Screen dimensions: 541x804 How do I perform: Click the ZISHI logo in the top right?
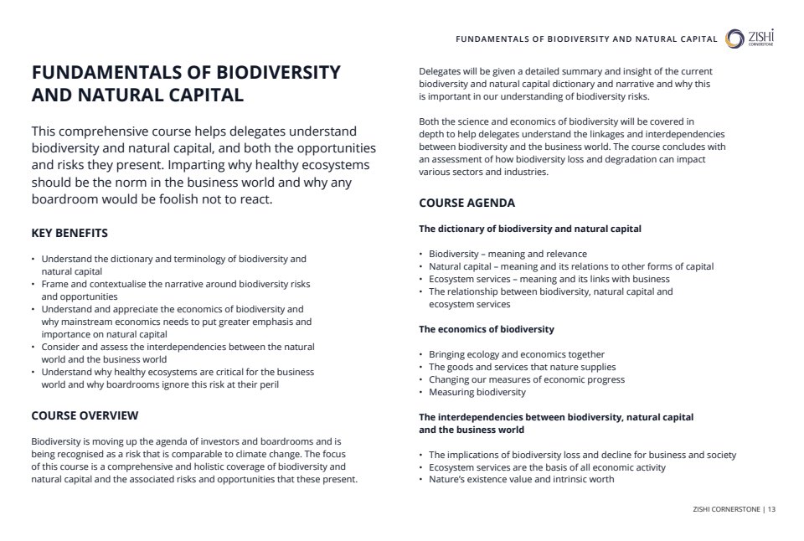click(750, 39)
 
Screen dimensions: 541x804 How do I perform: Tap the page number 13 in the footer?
click(771, 509)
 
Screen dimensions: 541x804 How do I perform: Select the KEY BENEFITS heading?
click(70, 233)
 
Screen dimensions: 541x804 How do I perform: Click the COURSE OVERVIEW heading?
click(85, 415)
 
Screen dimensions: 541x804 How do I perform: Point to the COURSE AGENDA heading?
click(466, 203)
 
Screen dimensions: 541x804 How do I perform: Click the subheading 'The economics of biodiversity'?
click(486, 329)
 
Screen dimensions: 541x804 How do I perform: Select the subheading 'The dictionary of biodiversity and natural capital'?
click(530, 229)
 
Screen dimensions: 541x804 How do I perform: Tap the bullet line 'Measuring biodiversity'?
click(477, 392)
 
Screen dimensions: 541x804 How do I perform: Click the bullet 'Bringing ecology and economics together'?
click(516, 354)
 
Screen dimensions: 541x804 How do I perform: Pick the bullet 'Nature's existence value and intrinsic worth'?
click(521, 479)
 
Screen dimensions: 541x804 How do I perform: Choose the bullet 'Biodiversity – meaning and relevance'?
click(508, 254)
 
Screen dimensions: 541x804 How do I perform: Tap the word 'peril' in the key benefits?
click(266, 384)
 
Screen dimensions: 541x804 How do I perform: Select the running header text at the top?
click(586, 39)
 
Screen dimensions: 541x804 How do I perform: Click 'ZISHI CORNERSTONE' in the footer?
click(725, 509)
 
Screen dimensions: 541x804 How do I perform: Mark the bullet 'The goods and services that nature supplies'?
click(522, 367)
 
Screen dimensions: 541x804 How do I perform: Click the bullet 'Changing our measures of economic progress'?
click(527, 379)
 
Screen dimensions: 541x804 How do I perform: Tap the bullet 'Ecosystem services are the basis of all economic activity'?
click(547, 467)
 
